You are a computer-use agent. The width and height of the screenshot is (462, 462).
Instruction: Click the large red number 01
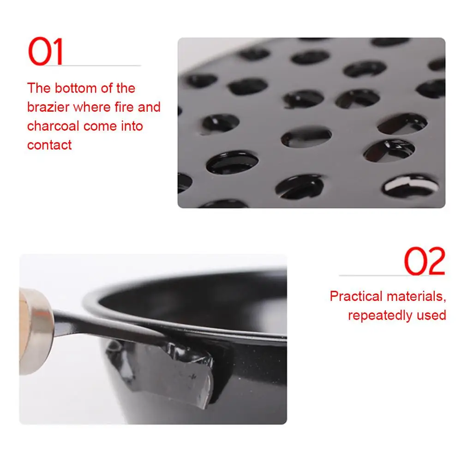pos(46,51)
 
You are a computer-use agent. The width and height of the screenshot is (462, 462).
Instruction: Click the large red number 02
pos(425,261)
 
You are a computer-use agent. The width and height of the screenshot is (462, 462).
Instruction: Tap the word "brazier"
pos(48,107)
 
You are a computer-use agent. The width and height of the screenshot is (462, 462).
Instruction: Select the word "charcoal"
pos(53,126)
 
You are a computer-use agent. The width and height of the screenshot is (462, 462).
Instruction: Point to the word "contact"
pos(49,145)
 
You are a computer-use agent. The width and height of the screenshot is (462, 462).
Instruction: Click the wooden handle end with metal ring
pos(36,331)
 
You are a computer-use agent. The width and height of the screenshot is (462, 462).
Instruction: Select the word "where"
pos(92,107)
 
